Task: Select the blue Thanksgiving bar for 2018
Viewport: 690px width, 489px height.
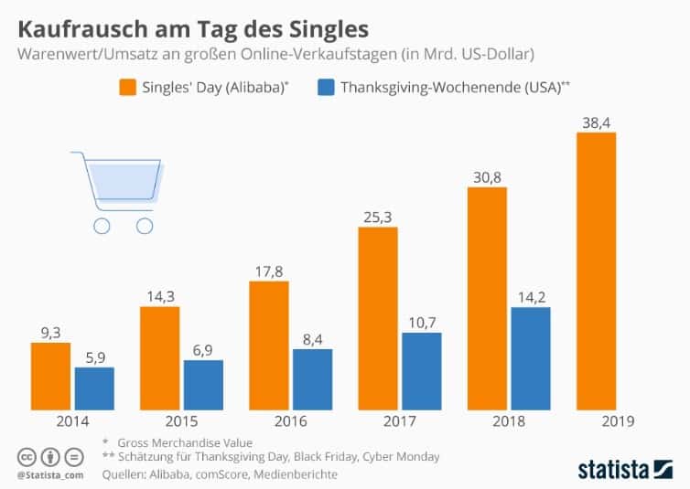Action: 531,357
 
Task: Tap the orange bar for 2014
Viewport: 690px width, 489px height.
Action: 50,376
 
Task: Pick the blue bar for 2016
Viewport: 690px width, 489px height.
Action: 312,378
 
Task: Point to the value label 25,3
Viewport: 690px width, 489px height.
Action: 377,216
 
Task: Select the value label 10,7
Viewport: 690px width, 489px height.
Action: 421,321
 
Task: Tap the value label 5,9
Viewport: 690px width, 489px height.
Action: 94,356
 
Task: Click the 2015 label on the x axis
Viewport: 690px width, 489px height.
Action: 181,421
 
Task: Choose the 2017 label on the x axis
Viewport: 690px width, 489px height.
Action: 399,421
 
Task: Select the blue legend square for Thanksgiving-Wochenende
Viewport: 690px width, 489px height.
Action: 326,88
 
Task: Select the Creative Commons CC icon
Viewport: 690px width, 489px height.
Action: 25,456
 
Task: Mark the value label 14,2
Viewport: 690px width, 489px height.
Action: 530,295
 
